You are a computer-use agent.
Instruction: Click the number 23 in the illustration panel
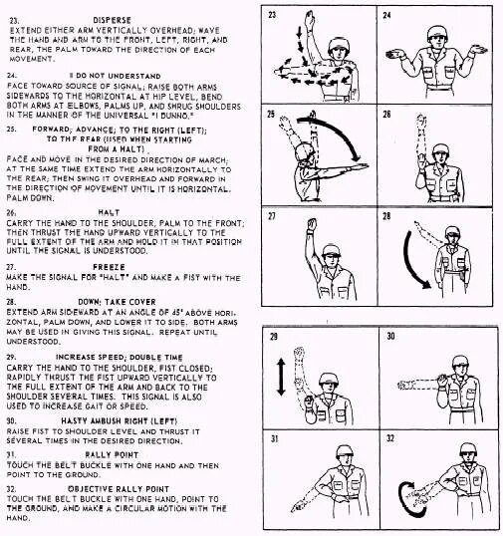[x=272, y=17]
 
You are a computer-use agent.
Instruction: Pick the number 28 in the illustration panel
[x=387, y=216]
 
